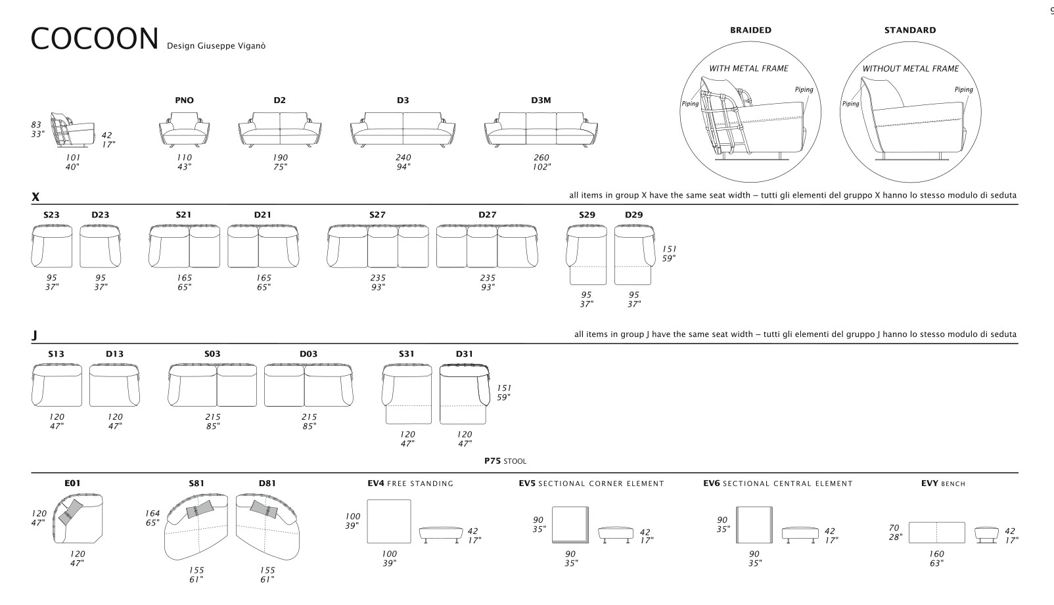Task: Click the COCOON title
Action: tap(95, 38)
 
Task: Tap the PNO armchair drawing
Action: tap(185, 130)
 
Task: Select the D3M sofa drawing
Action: tap(541, 130)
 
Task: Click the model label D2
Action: tap(279, 101)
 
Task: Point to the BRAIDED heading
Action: tap(750, 30)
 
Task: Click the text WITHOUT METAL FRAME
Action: tap(911, 69)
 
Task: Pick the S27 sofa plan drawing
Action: tap(378, 246)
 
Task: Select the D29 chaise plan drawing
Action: tap(634, 254)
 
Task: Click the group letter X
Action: tap(35, 196)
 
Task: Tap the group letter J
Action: tap(34, 336)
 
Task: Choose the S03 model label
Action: tap(212, 354)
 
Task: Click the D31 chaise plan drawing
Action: tap(465, 393)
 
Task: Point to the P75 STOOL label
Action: tap(505, 461)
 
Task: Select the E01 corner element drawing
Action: tap(78, 518)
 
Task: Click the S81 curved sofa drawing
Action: tap(196, 526)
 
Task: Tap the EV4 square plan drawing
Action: tap(388, 522)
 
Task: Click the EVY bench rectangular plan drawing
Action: tap(936, 532)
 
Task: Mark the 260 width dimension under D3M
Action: tap(541, 158)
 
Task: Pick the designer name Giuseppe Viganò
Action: tap(231, 46)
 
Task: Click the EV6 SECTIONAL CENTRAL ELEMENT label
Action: tap(778, 483)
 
